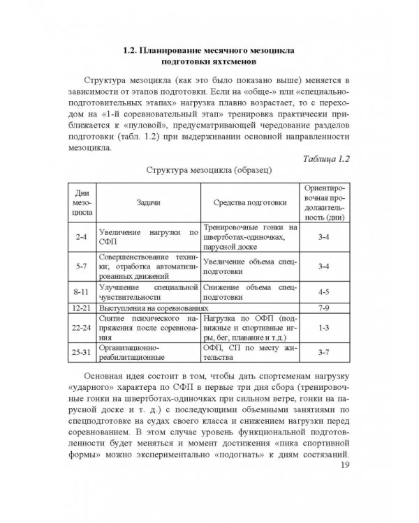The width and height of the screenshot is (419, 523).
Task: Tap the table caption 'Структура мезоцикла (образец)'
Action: [209, 170]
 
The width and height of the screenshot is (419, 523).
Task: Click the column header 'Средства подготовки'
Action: [249, 202]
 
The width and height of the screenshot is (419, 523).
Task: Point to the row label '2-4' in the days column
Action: [80, 238]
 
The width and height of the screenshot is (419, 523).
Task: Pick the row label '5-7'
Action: [80, 266]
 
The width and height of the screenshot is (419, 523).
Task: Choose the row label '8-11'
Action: [80, 291]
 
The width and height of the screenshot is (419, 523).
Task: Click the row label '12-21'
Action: [80, 307]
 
